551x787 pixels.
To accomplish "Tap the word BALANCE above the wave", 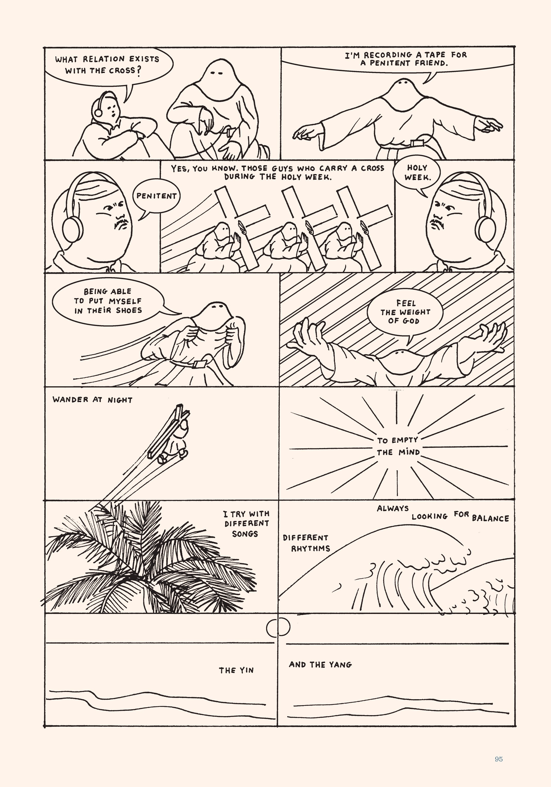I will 490,518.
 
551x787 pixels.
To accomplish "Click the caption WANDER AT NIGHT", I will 92,400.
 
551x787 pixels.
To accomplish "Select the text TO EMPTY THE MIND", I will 398,446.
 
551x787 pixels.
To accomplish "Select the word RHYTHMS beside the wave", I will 310,549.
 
